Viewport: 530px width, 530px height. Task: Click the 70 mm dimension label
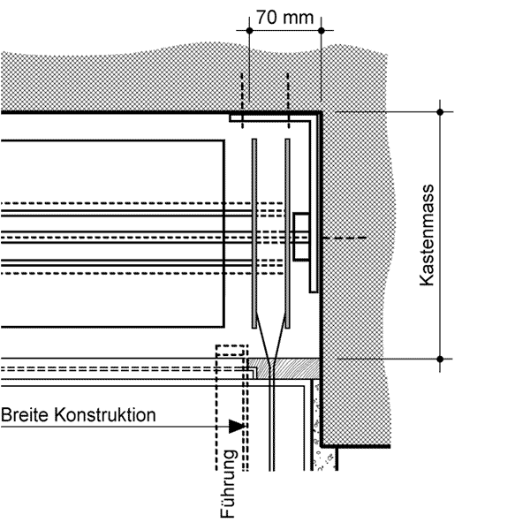[285, 18]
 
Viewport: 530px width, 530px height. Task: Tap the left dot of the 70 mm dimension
[249, 31]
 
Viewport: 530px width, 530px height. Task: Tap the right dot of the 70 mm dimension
[322, 31]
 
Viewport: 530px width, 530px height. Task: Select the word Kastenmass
[427, 235]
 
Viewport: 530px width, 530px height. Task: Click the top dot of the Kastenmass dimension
[440, 112]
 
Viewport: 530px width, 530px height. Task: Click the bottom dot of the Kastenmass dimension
[440, 359]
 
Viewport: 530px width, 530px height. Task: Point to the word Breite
[25, 415]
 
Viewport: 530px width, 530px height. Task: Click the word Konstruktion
[105, 415]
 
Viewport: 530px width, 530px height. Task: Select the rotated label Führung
[228, 484]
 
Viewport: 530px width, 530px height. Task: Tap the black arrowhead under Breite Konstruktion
[237, 427]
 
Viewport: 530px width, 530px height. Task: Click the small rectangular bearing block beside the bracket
[301, 237]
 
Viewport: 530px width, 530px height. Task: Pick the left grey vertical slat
[254, 233]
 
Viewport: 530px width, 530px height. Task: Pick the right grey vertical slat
[287, 233]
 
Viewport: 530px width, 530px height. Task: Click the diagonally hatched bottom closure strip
[284, 368]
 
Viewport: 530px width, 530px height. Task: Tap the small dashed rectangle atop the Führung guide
[231, 351]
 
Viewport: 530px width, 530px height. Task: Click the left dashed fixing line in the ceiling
[242, 101]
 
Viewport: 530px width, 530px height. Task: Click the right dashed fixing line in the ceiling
[288, 101]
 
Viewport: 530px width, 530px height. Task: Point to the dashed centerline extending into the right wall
[344, 238]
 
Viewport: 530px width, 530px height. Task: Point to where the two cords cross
[272, 361]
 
